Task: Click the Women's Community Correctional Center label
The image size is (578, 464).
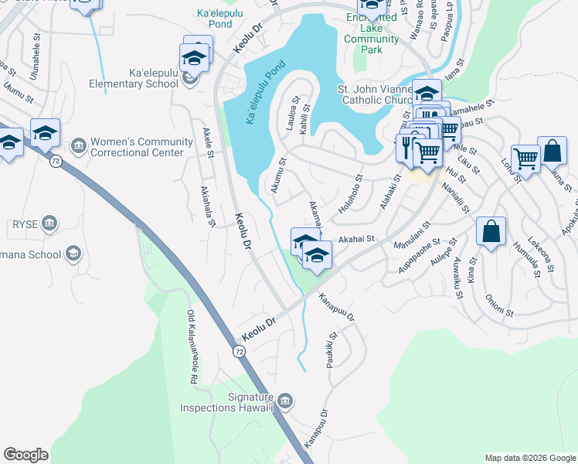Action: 141,147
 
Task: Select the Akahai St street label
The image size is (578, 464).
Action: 355,240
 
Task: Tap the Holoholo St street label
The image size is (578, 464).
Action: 349,195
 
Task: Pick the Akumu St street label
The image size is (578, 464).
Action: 277,175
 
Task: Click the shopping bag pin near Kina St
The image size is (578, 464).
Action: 491,233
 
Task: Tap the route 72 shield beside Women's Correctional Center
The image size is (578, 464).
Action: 55,162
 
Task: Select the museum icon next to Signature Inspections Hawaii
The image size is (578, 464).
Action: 285,400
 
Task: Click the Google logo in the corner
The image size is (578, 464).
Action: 26,455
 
